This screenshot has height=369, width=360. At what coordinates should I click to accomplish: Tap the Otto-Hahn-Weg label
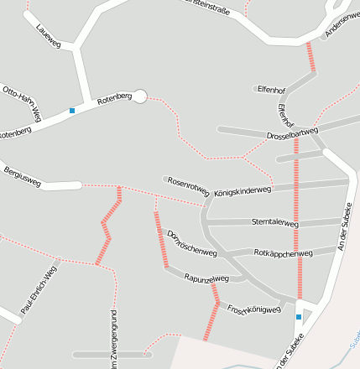click(x=22, y=101)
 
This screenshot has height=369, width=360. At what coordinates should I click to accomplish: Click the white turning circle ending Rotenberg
click(x=140, y=96)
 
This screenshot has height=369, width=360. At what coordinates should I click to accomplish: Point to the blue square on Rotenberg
click(x=72, y=111)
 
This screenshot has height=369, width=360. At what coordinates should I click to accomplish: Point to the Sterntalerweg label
click(x=275, y=223)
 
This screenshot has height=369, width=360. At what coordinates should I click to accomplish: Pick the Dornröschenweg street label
click(x=192, y=243)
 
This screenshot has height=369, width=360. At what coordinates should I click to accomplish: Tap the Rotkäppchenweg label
click(x=283, y=252)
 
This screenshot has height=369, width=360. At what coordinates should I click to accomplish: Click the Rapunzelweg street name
click(x=206, y=278)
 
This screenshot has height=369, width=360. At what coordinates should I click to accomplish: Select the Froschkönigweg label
click(x=253, y=307)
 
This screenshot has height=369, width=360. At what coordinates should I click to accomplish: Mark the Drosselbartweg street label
click(x=292, y=134)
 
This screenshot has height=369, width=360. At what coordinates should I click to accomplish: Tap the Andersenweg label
click(x=342, y=29)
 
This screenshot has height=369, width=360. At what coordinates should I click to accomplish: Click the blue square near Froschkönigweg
click(x=299, y=317)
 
